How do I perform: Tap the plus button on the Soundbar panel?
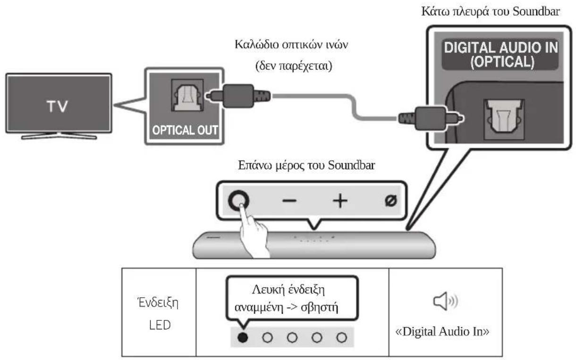(339, 201)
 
